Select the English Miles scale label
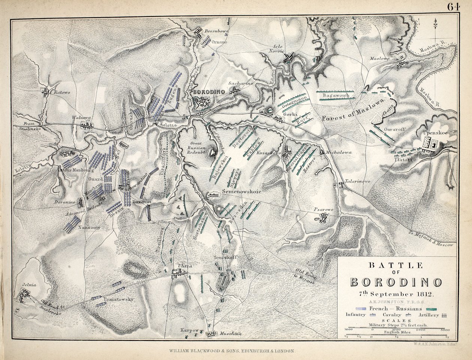pyautogui.click(x=397, y=332)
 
